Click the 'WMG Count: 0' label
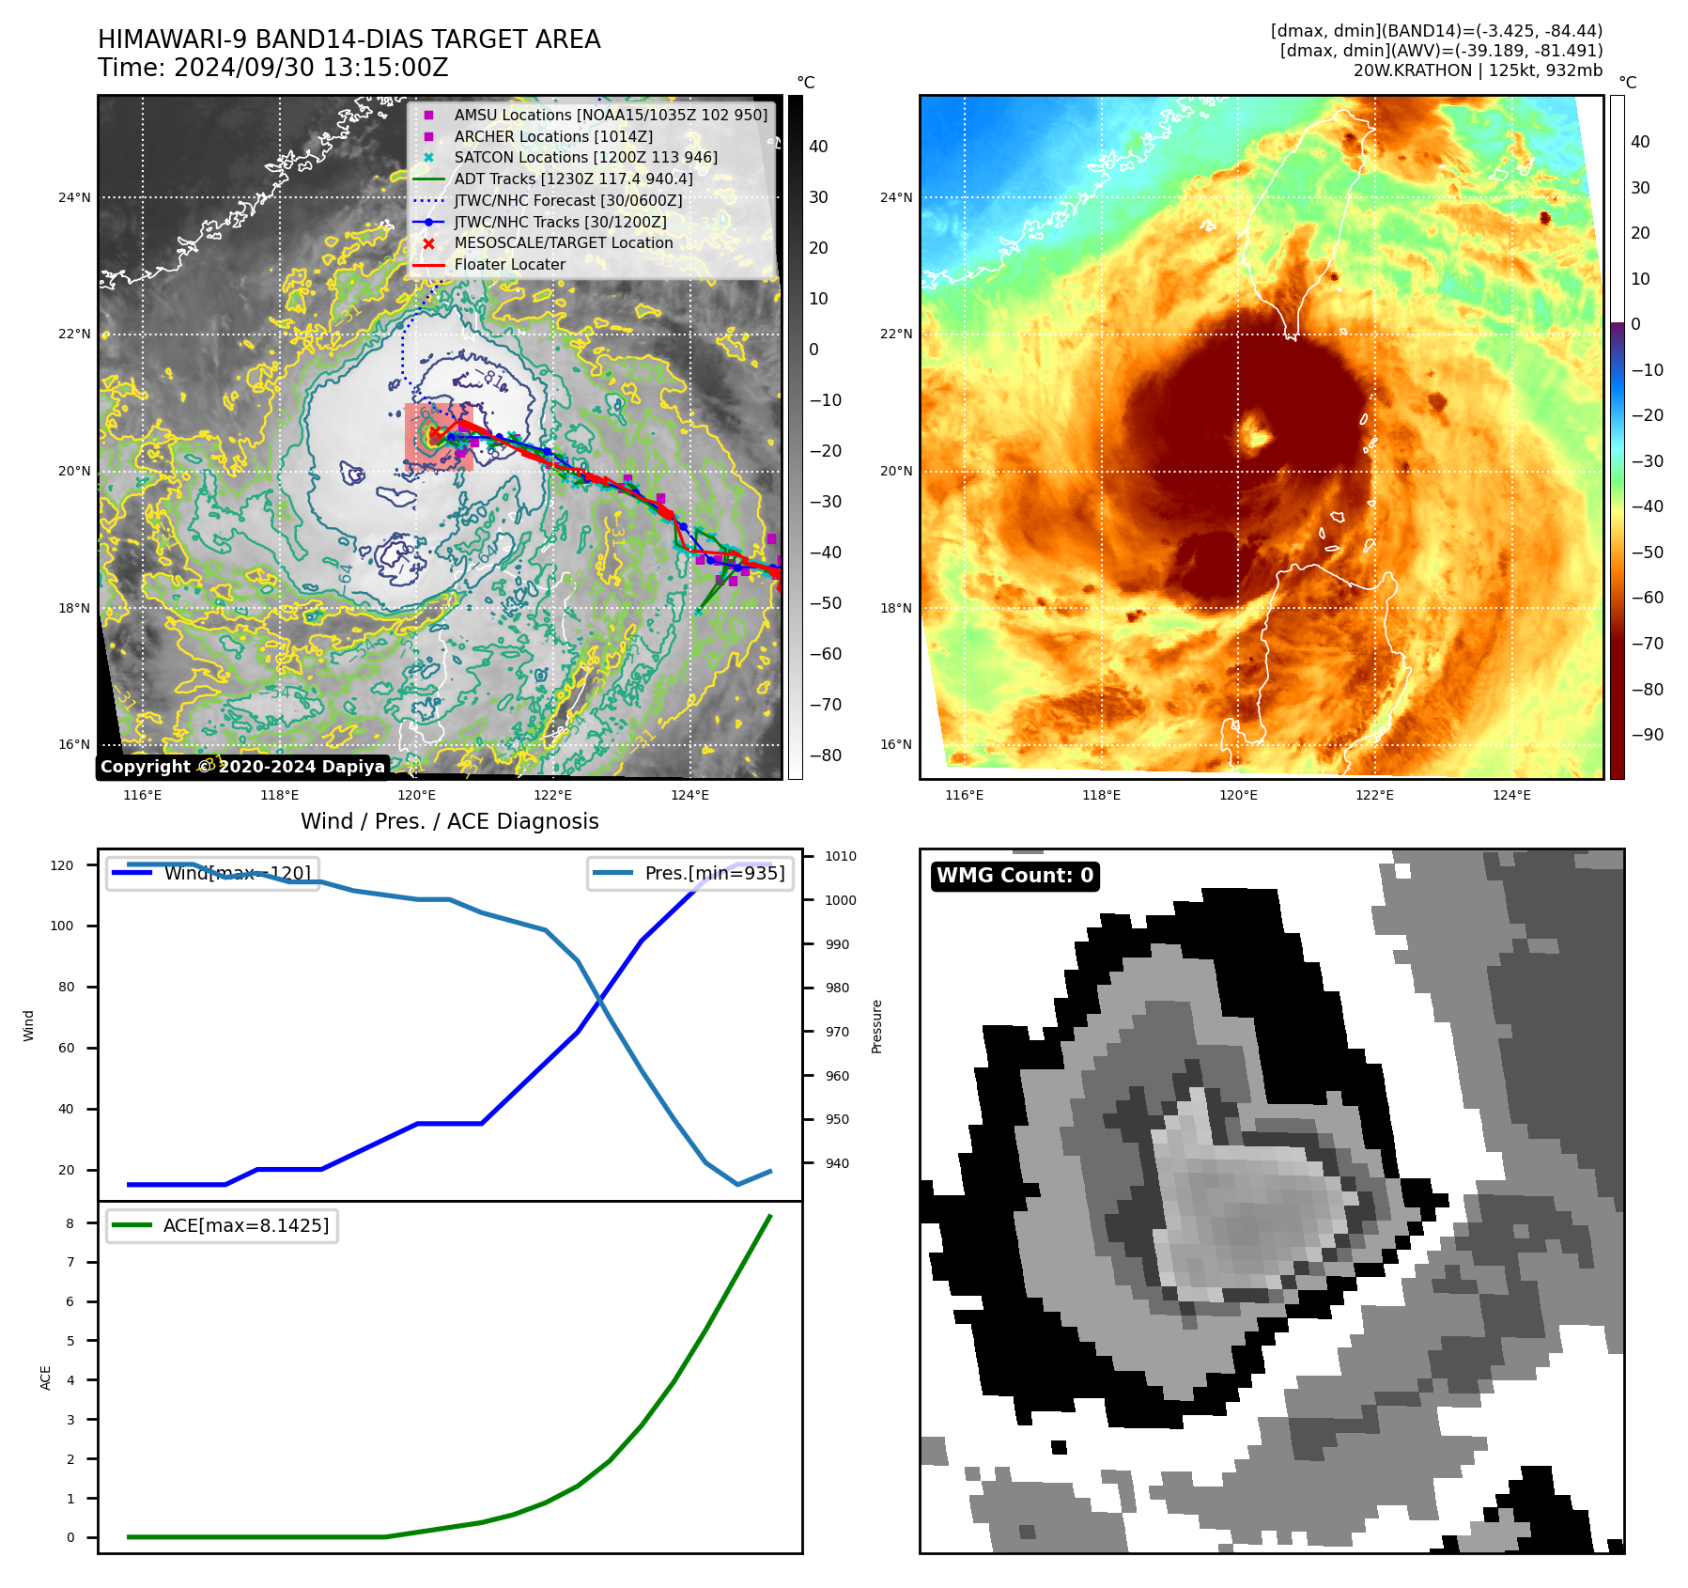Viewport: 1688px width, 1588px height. point(1014,876)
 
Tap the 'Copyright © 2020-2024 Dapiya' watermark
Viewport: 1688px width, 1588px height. point(242,767)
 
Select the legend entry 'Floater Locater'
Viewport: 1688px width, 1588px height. point(509,265)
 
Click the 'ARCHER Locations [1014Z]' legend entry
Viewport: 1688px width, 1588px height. point(553,136)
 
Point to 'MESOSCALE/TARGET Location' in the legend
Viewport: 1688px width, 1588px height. point(564,243)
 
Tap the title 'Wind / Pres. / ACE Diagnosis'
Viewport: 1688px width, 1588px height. point(449,821)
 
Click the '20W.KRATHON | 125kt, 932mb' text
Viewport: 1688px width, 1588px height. point(1478,70)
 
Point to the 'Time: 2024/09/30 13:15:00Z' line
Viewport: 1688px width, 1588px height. point(273,69)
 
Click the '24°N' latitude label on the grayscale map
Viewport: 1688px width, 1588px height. point(74,197)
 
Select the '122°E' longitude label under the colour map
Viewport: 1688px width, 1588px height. point(1374,795)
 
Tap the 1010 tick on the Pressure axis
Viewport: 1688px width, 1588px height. point(841,856)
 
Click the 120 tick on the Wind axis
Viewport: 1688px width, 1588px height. point(62,865)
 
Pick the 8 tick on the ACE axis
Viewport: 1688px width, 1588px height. point(70,1223)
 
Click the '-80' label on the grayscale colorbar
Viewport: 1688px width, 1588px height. point(826,755)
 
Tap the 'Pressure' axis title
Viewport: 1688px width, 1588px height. point(876,1026)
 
